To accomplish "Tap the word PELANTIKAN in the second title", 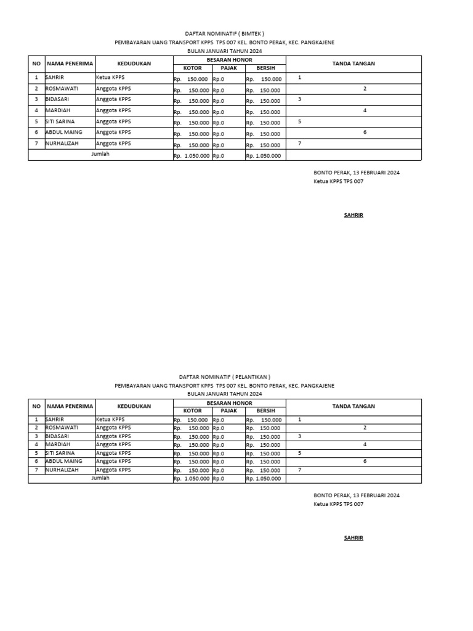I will coord(251,377).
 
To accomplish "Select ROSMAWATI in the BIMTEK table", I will coord(62,89).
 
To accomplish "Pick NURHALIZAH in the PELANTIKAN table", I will coord(63,470).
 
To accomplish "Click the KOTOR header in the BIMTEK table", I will coord(192,68).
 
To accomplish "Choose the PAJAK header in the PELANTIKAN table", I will coord(228,410).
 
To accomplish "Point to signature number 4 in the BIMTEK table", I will coord(365,111).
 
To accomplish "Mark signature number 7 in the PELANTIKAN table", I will coord(299,470).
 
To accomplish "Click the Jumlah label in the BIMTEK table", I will coord(100,154).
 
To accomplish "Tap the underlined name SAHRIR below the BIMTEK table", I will coord(353,215).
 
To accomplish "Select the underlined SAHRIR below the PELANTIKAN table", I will coord(353,538).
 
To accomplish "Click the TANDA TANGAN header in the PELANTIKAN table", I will coord(354,406).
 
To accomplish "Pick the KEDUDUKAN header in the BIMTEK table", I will coord(134,63).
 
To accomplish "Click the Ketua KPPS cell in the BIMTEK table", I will coord(110,78).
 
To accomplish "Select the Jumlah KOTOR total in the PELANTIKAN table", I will coord(192,478).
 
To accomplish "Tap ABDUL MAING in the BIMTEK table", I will coord(63,132).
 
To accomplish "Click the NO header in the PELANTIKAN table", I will coord(36,406).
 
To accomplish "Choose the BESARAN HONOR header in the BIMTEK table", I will coord(229,59).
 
